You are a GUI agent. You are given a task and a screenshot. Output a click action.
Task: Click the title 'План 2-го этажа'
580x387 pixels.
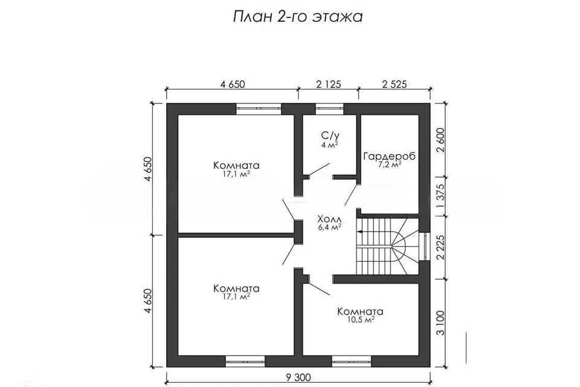[298, 17]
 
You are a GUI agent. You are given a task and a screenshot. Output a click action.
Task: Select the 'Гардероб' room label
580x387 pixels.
[389, 156]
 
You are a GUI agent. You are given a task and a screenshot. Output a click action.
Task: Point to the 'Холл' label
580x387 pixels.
[329, 219]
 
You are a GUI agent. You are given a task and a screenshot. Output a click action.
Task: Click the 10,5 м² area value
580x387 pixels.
[360, 320]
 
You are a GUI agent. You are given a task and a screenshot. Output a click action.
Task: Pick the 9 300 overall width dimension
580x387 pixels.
[298, 377]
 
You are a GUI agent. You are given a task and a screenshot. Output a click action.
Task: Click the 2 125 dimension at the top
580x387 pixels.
[329, 84]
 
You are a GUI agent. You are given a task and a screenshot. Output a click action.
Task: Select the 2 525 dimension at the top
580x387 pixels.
[395, 84]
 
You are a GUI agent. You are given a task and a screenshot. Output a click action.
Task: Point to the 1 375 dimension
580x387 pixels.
[440, 197]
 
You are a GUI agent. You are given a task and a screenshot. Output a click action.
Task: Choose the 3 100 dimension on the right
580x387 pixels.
[440, 322]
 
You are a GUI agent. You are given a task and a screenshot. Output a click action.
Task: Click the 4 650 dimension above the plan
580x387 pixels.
[233, 84]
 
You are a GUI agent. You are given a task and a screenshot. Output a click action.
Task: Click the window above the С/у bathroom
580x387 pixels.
[329, 108]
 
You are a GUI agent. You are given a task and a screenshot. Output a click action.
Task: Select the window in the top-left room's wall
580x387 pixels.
[259, 108]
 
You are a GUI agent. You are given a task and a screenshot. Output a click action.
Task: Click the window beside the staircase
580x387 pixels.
[425, 247]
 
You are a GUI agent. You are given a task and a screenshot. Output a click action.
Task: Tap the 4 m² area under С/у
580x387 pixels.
[330, 145]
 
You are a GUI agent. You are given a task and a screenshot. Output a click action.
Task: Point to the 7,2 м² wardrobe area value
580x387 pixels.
[389, 165]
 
